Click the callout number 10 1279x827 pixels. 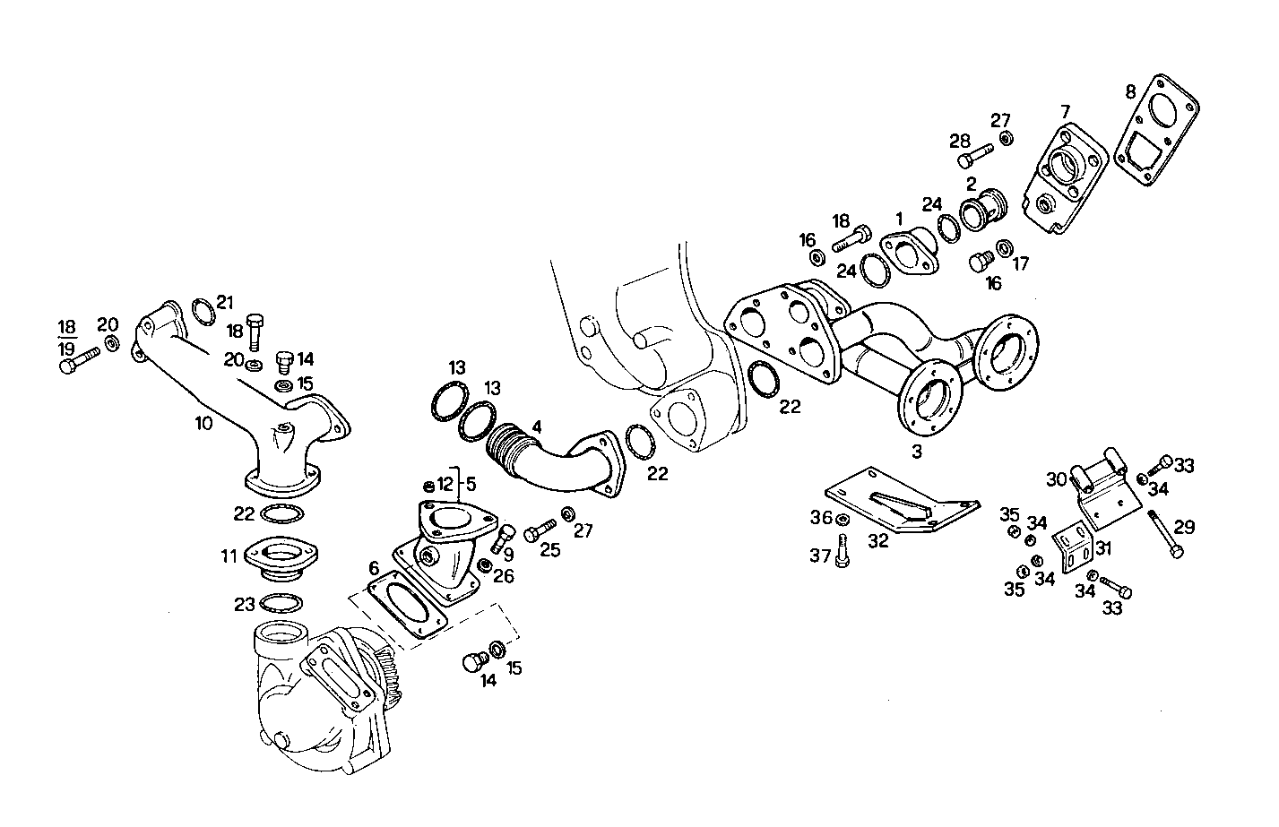[x=204, y=423]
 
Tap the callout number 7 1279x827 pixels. [x=1065, y=112]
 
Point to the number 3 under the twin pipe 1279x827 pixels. [x=917, y=452]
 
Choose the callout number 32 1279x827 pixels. [x=878, y=540]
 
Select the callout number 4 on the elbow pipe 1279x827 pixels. [x=536, y=429]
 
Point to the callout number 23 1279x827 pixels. [x=245, y=605]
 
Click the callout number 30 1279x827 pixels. [x=1056, y=479]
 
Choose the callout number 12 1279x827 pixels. [x=445, y=485]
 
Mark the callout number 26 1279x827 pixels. [x=504, y=576]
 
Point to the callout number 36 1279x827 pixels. [x=821, y=518]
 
